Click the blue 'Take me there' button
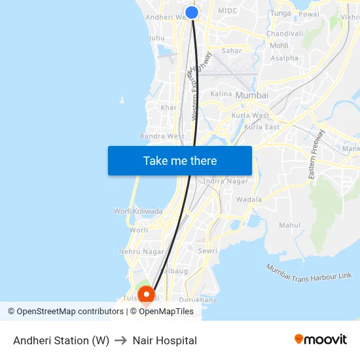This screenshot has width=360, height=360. point(180,160)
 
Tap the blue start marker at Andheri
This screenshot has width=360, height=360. point(192,12)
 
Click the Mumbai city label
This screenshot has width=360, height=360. point(251,95)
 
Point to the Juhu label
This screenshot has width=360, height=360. point(157,38)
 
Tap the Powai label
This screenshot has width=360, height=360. point(309,14)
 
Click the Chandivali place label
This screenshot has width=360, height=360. point(285,33)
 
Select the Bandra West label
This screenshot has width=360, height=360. point(162,136)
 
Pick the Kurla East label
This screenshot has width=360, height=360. point(262,127)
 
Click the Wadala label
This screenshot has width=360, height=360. point(249,199)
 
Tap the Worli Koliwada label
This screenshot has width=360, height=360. point(138,211)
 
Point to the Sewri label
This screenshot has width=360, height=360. point(207,251)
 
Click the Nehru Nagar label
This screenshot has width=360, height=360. point(141,251)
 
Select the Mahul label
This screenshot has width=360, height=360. point(290,225)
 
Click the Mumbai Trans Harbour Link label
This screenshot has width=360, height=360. point(309,272)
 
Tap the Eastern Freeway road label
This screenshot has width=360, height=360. point(317,155)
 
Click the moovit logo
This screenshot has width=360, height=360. point(321,340)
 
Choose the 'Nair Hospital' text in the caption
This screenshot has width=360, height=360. point(164,340)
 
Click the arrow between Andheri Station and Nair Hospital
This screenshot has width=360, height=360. point(120,340)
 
